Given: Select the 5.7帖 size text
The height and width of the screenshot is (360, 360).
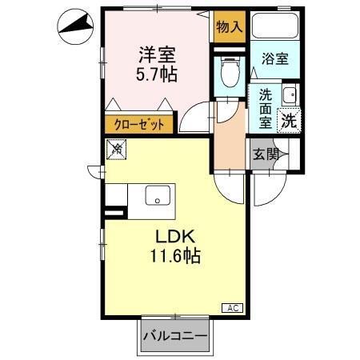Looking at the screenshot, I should pos(157,74).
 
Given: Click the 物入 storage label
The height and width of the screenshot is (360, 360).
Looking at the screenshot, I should pos(229,27).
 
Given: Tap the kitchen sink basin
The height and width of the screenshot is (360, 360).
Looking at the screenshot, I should pos(158,195).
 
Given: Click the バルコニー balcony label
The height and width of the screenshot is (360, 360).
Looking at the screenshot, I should pos(176,335).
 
